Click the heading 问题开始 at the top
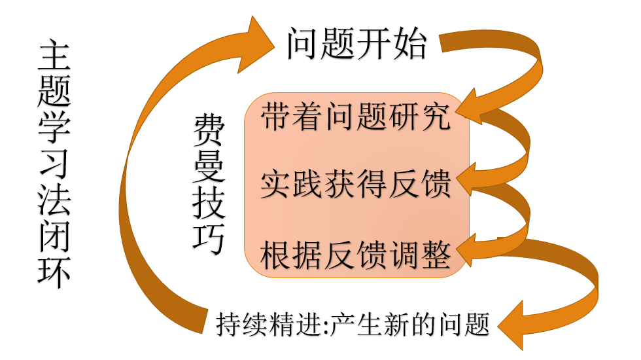click(356, 45)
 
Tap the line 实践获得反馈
click(356, 185)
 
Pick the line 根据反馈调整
click(356, 255)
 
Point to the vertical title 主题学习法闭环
click(54, 164)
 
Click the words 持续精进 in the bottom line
click(270, 324)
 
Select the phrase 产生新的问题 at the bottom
click(411, 324)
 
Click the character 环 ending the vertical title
click(54, 272)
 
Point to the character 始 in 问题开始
click(409, 45)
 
